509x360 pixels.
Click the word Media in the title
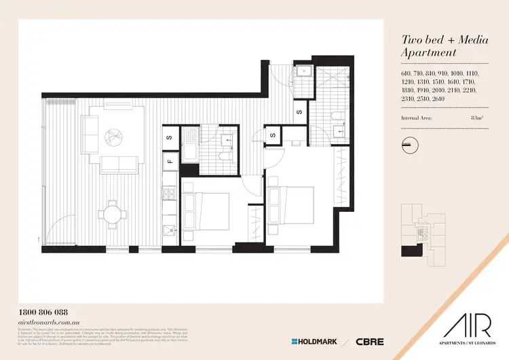click(462, 40)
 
